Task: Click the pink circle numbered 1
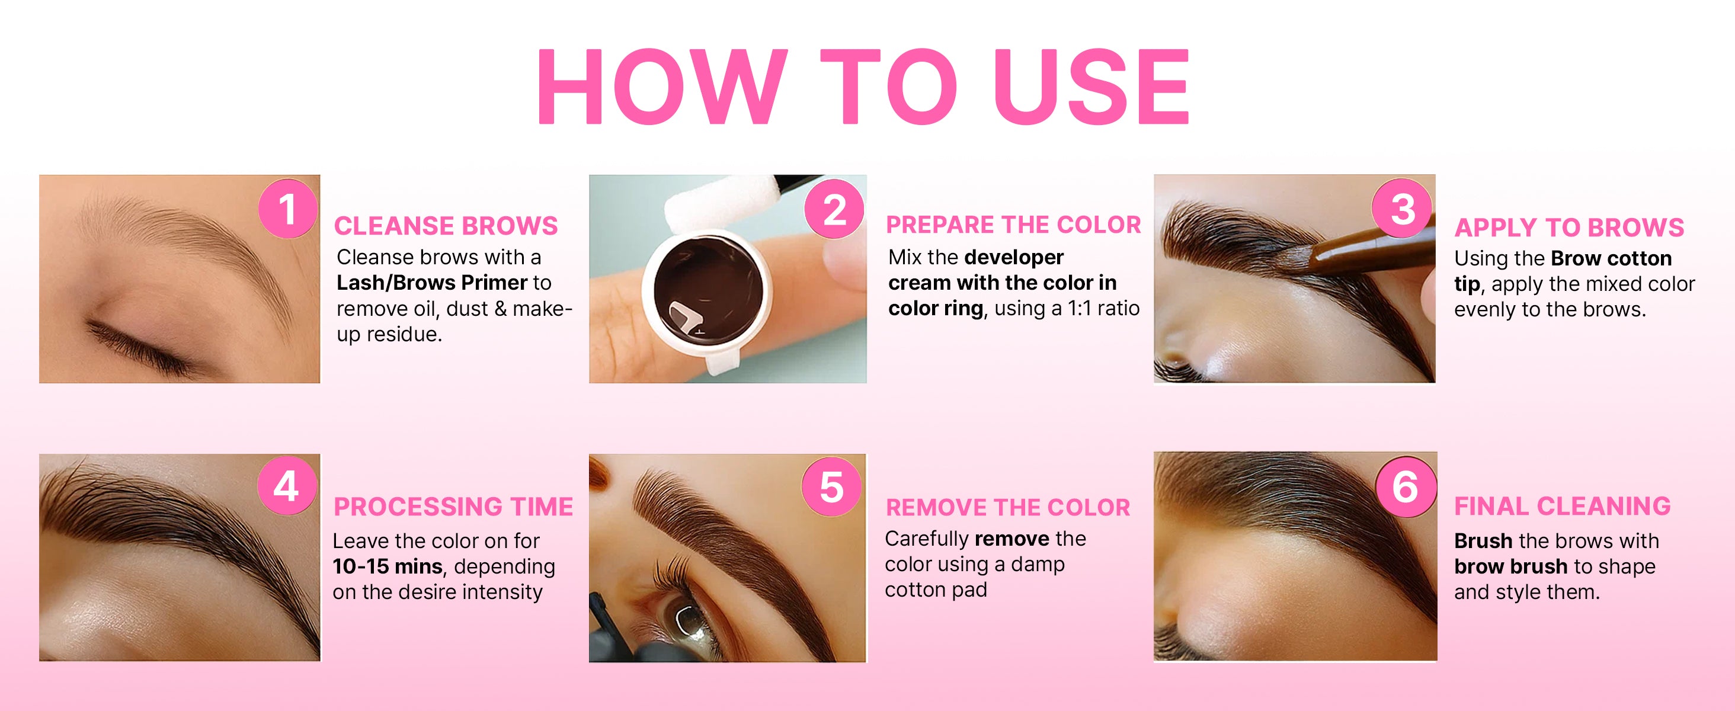pyautogui.click(x=288, y=209)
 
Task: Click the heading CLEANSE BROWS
pyautogui.click(x=446, y=226)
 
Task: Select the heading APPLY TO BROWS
pyautogui.click(x=1568, y=228)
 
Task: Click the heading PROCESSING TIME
pyautogui.click(x=453, y=507)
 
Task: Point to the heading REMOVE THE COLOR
pyautogui.click(x=1007, y=507)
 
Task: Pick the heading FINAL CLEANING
pyautogui.click(x=1562, y=505)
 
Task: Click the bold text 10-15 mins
pyautogui.click(x=388, y=566)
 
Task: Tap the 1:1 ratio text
pyautogui.click(x=1103, y=308)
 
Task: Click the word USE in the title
pyautogui.click(x=1092, y=87)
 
